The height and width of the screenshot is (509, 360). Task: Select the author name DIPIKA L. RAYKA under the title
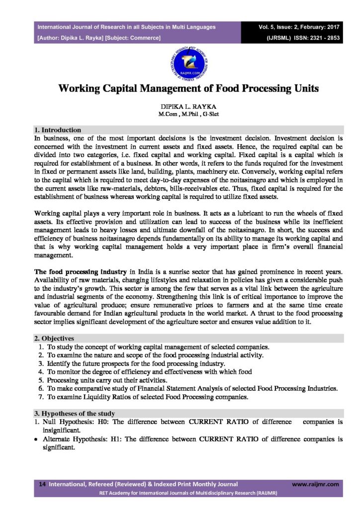point(180,107)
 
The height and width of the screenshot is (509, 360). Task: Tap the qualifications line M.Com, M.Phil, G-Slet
point(180,115)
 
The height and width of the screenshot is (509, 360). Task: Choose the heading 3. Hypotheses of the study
point(74,414)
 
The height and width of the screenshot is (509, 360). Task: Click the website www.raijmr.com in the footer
point(315,484)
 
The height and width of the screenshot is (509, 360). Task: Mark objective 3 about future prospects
point(129,363)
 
